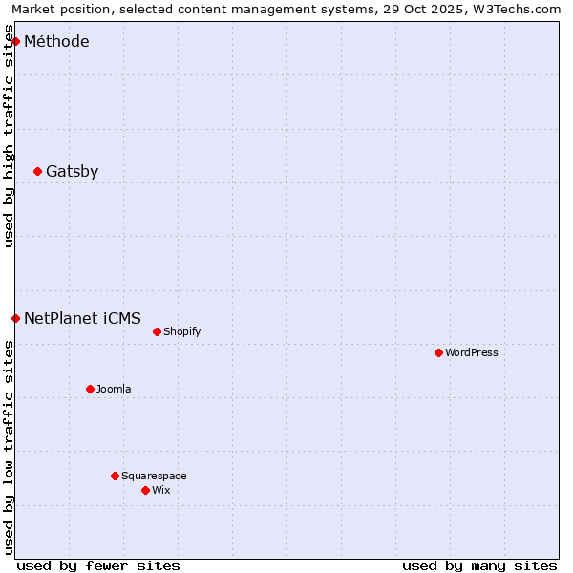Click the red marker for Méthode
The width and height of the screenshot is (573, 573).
(x=15, y=41)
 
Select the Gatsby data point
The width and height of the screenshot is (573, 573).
(x=37, y=171)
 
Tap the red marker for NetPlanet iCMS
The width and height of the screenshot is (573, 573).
(x=15, y=318)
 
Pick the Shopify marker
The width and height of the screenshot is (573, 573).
(x=157, y=331)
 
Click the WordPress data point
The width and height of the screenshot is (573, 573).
(x=438, y=352)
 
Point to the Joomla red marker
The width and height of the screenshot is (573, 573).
(x=90, y=389)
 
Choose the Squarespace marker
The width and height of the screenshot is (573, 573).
(x=115, y=476)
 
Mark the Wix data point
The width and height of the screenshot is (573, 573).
(x=145, y=490)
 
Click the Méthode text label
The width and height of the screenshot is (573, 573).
(x=56, y=41)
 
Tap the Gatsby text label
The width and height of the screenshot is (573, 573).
(x=72, y=171)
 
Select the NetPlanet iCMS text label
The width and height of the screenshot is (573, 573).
(x=82, y=318)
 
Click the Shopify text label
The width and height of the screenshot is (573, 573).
(x=181, y=331)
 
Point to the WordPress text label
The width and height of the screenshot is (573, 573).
(x=471, y=352)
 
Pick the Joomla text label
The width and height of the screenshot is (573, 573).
(x=114, y=389)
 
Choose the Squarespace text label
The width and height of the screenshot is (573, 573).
(x=154, y=476)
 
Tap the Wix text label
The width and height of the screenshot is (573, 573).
(x=160, y=490)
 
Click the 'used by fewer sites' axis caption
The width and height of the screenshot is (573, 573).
(x=98, y=565)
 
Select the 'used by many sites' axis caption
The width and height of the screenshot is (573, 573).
(x=479, y=565)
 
